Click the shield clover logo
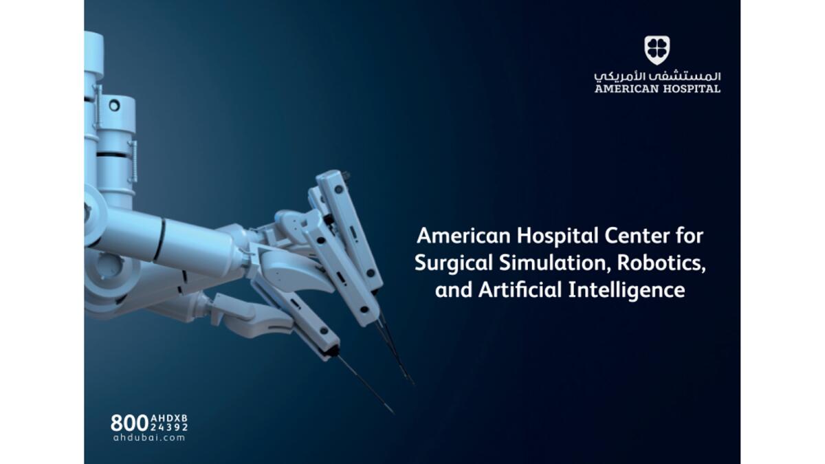[x=657, y=50]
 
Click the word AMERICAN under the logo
[x=626, y=89]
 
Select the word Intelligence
[x=627, y=290]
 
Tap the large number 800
[x=130, y=423]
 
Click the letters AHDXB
[x=169, y=419]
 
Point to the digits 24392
[x=169, y=427]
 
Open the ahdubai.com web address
[x=149, y=438]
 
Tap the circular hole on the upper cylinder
[x=115, y=106]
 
